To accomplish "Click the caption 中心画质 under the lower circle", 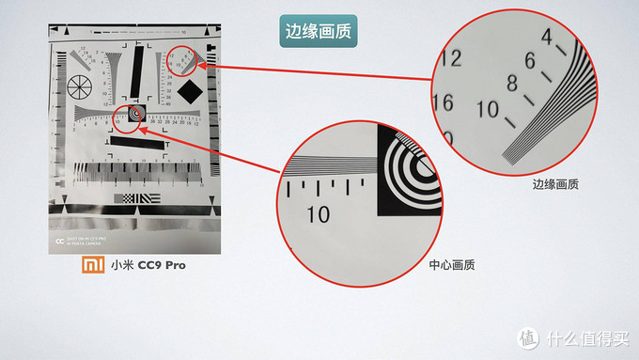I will pos(450,265).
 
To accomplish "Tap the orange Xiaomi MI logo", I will pos(90,264).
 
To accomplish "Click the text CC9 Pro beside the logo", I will pos(162,265).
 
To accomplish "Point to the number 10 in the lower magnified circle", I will pos(319,214).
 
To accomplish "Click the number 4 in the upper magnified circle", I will pos(549,37).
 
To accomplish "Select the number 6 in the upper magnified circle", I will pos(529,62).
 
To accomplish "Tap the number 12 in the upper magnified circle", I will pos(450,59).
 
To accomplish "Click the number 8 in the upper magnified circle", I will pos(511,84).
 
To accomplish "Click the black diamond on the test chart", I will pos(192,91).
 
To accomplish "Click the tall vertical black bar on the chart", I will pos(139,71).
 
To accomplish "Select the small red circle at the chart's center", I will pos(133,114).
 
